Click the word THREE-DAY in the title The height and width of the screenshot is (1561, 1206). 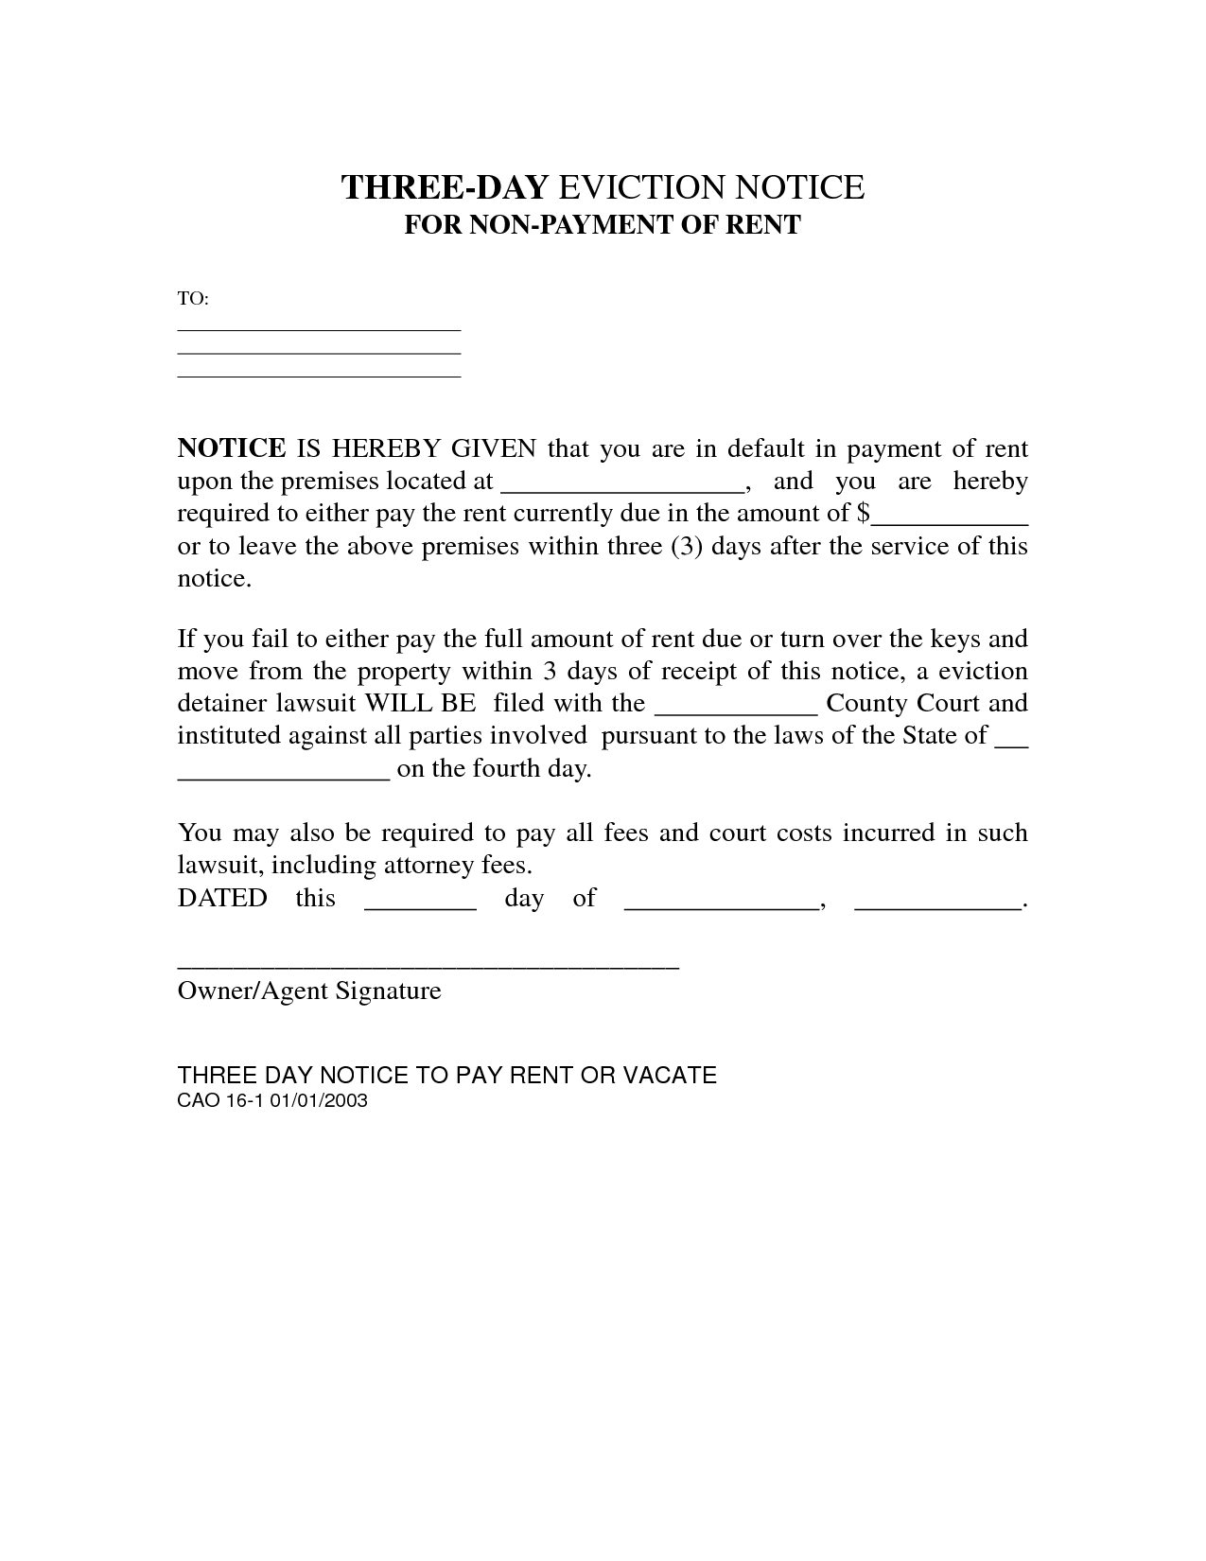[x=444, y=187]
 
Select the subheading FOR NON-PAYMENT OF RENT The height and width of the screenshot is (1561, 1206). [x=603, y=225]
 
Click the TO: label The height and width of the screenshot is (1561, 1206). [x=193, y=299]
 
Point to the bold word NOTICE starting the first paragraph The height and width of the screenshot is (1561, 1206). [x=232, y=448]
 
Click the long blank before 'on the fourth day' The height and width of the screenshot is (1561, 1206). [x=284, y=772]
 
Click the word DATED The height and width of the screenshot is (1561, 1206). [x=222, y=898]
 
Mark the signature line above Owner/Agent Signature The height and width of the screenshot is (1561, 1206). [x=428, y=966]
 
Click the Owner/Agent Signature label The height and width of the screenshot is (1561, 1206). [x=309, y=991]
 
